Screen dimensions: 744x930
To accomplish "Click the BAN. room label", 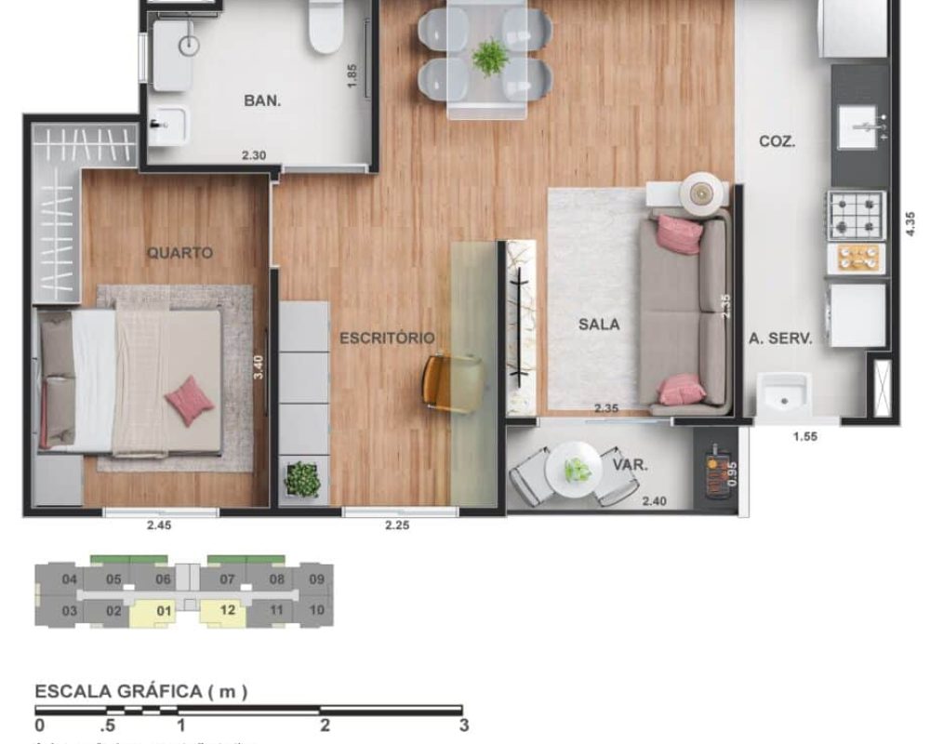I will pyautogui.click(x=263, y=100).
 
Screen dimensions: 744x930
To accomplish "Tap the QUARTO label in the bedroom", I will pyautogui.click(x=179, y=252).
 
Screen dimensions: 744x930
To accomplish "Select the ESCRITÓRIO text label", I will pyautogui.click(x=386, y=338).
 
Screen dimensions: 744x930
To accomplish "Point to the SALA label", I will pyautogui.click(x=598, y=325).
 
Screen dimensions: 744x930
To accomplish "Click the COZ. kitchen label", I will pyautogui.click(x=777, y=141).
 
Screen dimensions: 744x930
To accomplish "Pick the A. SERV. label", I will pyautogui.click(x=781, y=339).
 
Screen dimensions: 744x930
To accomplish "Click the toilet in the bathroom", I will pyautogui.click(x=326, y=25).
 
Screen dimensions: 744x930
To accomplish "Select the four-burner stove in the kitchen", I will pyautogui.click(x=857, y=215).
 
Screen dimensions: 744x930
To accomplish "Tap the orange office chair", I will pyautogui.click(x=452, y=381).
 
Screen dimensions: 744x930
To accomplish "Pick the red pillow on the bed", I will pyautogui.click(x=190, y=400).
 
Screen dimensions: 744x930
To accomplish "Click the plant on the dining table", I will pyautogui.click(x=489, y=58).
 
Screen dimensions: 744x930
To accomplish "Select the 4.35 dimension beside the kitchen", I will pyautogui.click(x=910, y=226).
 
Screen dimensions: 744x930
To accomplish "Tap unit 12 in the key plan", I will pyautogui.click(x=228, y=611).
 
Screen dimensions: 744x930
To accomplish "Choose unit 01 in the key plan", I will pyautogui.click(x=165, y=611).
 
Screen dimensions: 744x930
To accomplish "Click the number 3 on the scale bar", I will pyautogui.click(x=463, y=725).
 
